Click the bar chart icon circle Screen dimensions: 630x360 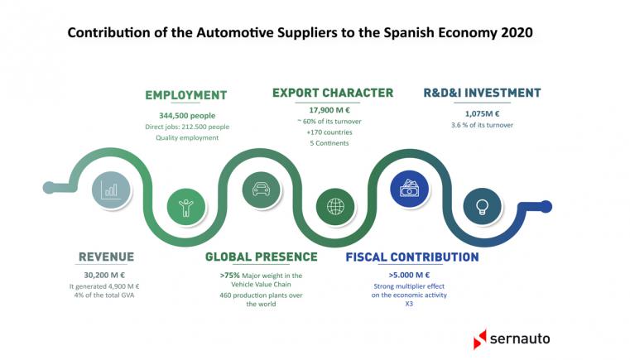tap(111, 190)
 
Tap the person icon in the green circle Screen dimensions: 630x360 tap(186, 208)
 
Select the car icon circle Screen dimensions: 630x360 tap(262, 190)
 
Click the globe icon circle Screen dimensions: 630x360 tap(335, 207)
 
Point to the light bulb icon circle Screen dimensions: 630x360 tap(482, 207)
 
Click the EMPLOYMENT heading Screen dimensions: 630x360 tap(186, 95)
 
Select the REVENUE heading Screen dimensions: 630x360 tap(107, 257)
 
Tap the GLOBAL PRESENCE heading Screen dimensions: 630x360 tap(261, 257)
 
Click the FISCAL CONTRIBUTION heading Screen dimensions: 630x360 tap(412, 257)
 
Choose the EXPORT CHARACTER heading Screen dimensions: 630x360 tap(333, 93)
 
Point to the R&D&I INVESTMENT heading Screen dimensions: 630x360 tap(482, 93)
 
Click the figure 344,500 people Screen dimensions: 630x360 tap(187, 116)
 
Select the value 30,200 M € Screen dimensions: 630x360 tap(104, 276)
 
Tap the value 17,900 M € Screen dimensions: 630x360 tap(329, 110)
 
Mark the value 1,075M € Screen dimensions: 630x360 tap(482, 113)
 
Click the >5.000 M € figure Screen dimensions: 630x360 tap(409, 276)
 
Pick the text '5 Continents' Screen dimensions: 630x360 tap(329, 143)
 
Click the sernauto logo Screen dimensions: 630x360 tap(512, 338)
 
